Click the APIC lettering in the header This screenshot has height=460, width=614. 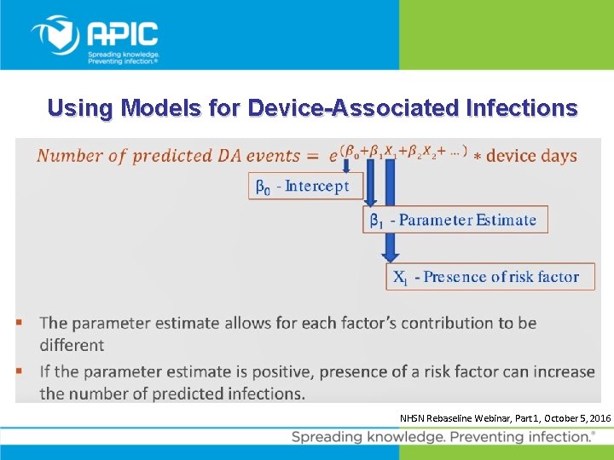point(123,33)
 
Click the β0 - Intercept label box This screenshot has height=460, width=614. point(305,186)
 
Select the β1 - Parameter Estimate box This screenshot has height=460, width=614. point(455,220)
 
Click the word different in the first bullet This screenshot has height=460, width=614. point(72,345)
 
